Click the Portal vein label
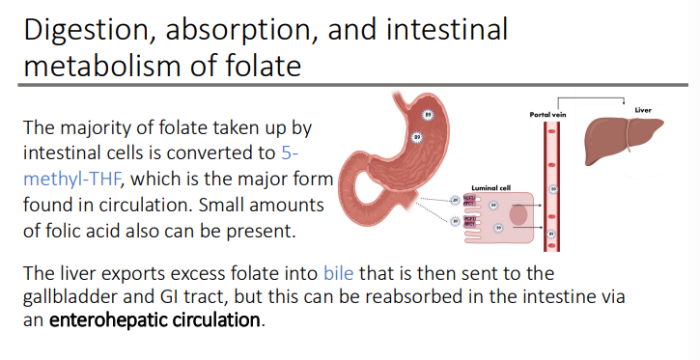(x=549, y=114)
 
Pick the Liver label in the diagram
(x=643, y=108)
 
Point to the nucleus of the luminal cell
(x=518, y=213)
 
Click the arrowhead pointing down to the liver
(x=630, y=105)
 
